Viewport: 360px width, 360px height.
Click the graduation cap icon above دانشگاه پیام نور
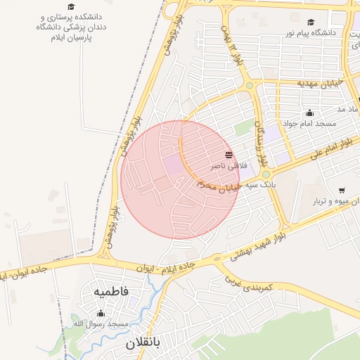311,22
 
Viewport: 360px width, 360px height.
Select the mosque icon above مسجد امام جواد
309,112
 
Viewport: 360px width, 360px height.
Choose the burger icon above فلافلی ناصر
229,155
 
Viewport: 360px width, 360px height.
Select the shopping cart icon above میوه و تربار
342,191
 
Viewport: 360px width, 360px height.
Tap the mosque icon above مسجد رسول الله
101,314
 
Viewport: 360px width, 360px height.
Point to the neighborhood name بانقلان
143,344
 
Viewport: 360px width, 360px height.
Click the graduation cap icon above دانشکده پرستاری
70,5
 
